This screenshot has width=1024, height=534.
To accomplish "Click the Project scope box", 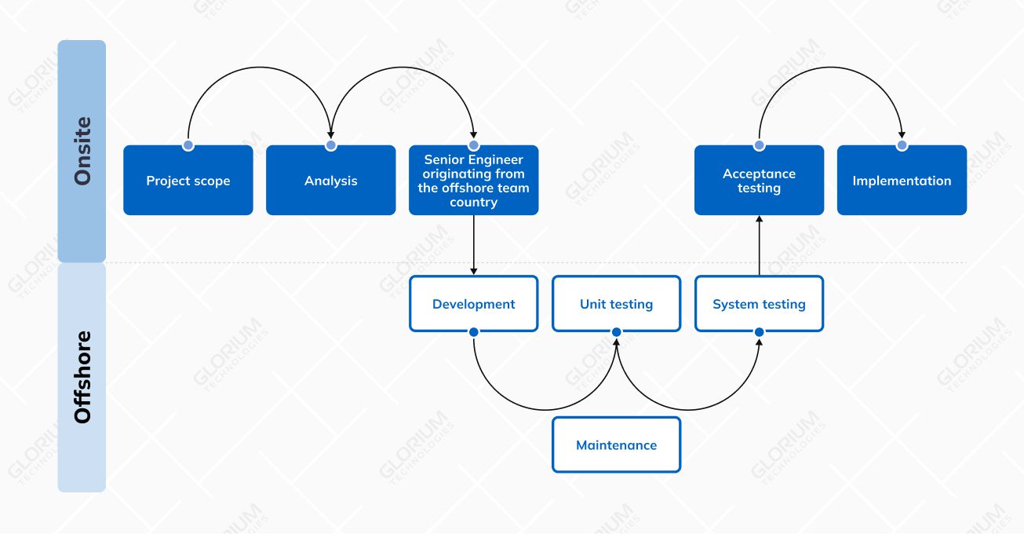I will click(188, 181).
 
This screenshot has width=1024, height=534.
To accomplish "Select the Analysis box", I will click(330, 181).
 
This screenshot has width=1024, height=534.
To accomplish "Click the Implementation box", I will click(902, 181).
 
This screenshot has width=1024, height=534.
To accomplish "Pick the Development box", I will click(473, 304).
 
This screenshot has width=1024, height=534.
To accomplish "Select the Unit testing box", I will click(616, 304).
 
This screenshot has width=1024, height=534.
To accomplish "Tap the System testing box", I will click(759, 304).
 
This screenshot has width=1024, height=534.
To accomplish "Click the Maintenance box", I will click(616, 445).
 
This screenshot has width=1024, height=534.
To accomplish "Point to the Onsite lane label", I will click(82, 151).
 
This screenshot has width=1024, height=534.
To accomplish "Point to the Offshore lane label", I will click(82, 378).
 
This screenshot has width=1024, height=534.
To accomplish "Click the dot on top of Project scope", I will click(188, 145).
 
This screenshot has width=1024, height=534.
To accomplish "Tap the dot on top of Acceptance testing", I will click(759, 145).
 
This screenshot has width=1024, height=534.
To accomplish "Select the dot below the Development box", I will click(473, 332).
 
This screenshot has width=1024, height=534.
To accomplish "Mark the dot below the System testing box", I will click(759, 332).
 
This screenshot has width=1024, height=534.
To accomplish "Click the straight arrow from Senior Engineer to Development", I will click(473, 244).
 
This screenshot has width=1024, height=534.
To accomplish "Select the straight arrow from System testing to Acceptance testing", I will click(759, 246).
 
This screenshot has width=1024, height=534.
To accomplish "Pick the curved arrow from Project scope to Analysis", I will click(259, 68).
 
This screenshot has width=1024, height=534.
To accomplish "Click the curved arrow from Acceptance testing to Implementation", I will click(830, 68).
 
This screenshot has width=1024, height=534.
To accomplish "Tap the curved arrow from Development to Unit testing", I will click(545, 410).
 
